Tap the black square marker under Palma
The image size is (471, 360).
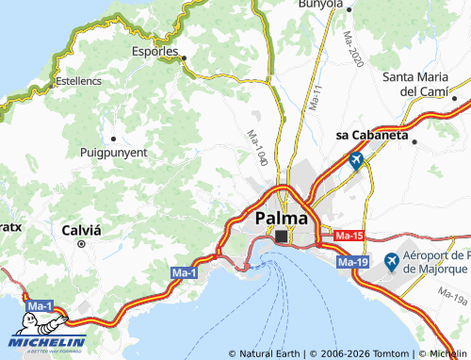coord(281,236)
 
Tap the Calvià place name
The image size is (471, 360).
coord(81,229)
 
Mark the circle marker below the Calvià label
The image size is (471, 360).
coord(81,243)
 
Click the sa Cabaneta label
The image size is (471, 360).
coord(372,135)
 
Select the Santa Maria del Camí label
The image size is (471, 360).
coord(421,84)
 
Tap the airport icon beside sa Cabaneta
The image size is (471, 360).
coord(355,161)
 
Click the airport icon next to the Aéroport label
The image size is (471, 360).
coord(391,260)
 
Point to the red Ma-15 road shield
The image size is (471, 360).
coord(349,235)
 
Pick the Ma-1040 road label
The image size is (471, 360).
coord(258,149)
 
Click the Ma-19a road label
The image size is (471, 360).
coord(452,300)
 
